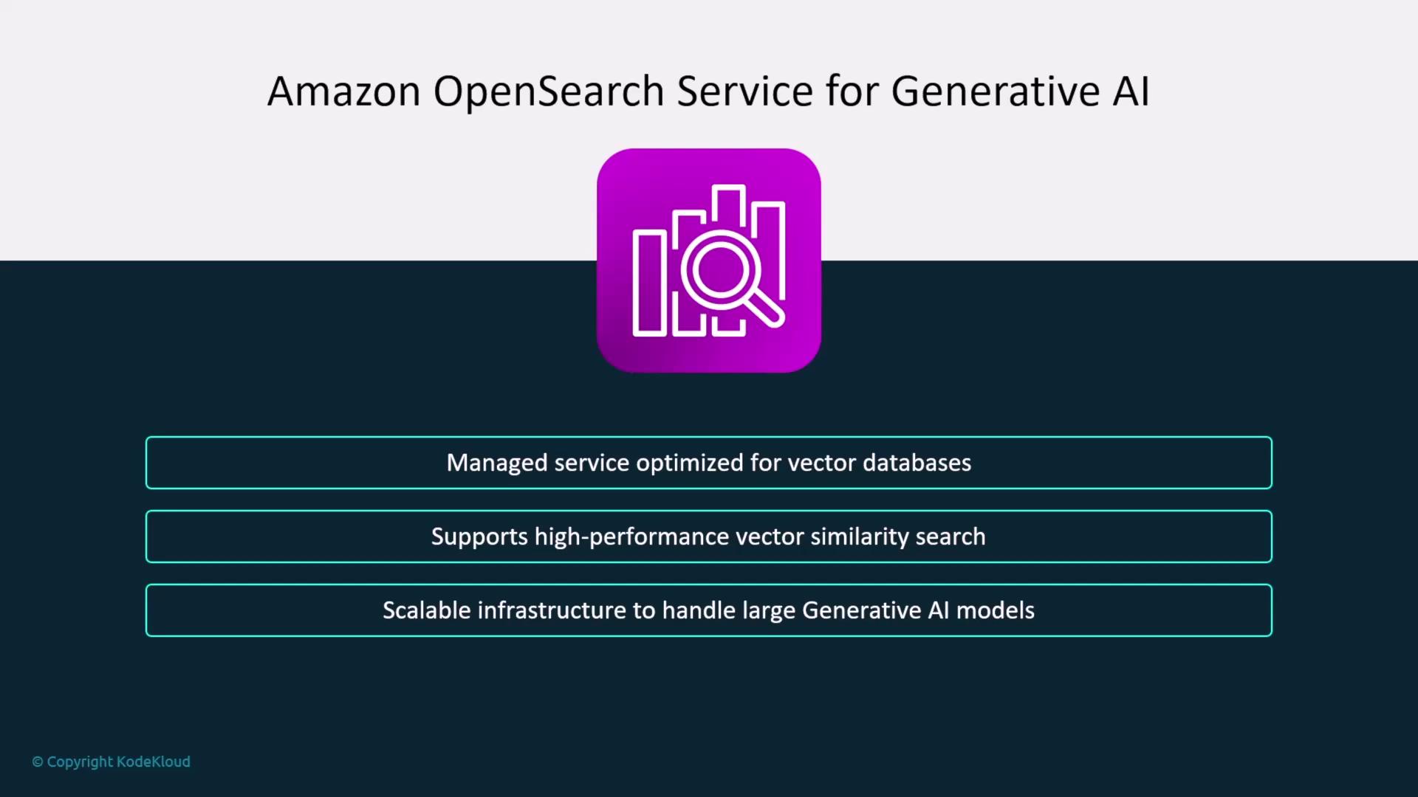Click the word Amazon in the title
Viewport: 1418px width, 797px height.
pos(344,92)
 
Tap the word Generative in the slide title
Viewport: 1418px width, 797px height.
pos(996,92)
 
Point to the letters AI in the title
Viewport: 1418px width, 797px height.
pos(1131,92)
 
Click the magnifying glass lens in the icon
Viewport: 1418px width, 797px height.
pos(720,269)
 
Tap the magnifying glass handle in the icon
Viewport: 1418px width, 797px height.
pos(764,308)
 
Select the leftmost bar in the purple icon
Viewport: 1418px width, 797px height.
pos(650,283)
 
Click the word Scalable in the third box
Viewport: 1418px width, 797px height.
pos(426,610)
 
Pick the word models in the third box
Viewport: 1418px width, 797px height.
pos(996,610)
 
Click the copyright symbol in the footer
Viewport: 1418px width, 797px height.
pos(38,762)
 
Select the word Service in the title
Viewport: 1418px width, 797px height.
pos(745,92)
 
